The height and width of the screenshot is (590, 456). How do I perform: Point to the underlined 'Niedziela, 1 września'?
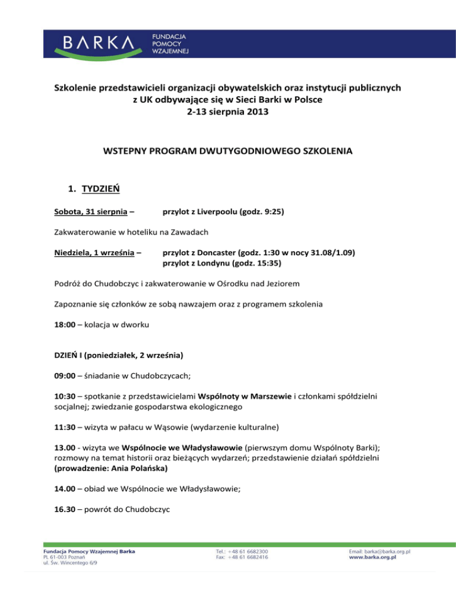[x=90, y=253]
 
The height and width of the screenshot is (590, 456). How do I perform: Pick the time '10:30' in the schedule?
[x=57, y=411]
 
